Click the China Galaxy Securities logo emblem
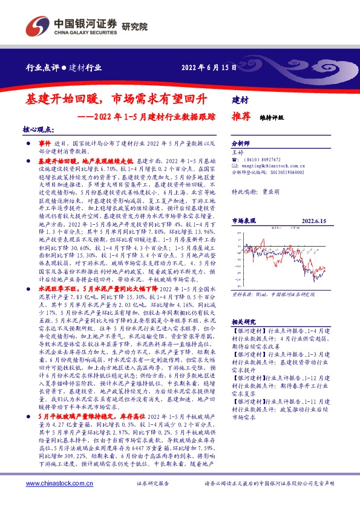tap(34, 26)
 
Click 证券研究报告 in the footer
tap(155, 484)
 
